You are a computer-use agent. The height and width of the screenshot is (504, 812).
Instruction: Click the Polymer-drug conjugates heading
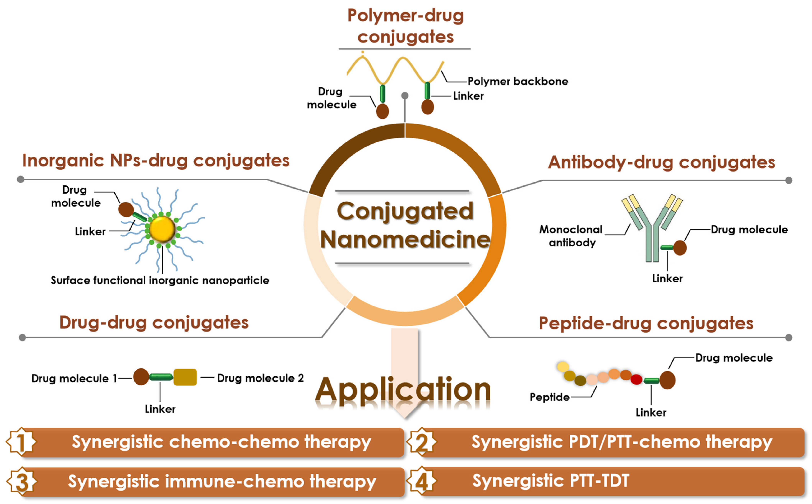(405, 26)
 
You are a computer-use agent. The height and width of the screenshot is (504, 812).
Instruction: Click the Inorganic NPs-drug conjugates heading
(156, 161)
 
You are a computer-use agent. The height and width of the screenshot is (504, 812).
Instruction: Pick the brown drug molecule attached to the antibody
(680, 248)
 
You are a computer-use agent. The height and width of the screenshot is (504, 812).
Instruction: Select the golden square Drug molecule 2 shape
(185, 377)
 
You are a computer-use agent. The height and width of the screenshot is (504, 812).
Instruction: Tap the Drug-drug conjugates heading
(154, 323)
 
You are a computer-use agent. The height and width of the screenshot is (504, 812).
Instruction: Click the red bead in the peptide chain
(636, 379)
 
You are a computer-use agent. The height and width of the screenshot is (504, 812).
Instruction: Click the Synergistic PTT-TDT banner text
(551, 481)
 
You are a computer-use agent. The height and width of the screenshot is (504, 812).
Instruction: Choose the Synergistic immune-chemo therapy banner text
(222, 482)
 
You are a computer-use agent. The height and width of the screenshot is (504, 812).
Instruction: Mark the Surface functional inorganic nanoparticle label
(160, 281)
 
